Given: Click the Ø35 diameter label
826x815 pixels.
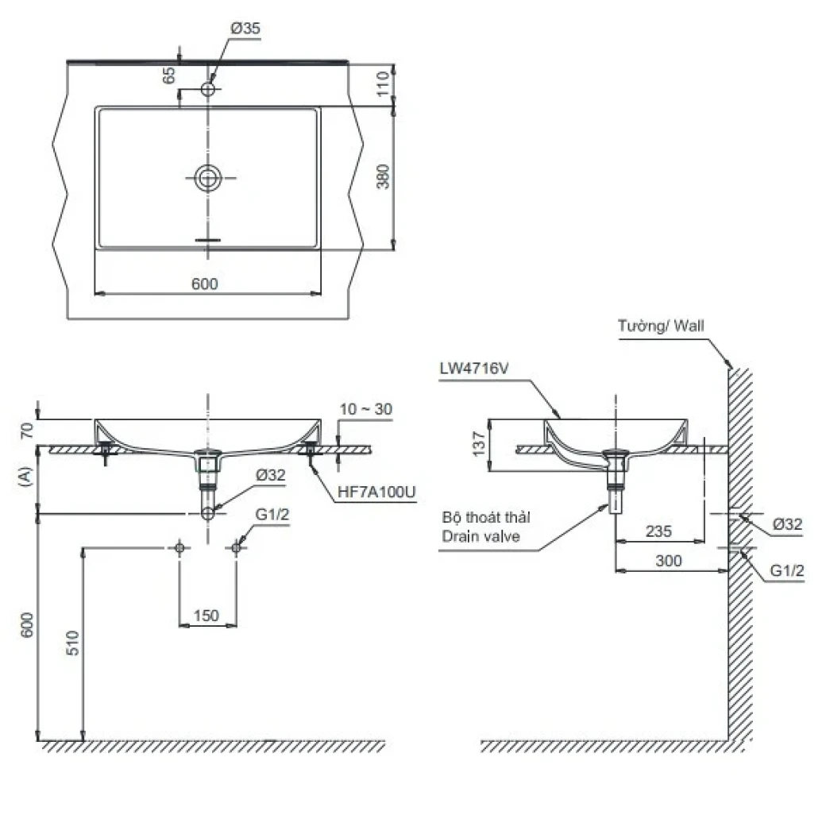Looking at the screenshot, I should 245,29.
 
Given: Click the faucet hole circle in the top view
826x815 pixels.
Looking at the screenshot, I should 208,89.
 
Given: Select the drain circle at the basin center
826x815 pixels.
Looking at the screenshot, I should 208,178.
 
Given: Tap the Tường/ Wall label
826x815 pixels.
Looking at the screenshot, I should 661,325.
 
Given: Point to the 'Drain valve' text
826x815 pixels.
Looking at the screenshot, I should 481,536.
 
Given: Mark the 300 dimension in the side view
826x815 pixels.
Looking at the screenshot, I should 670,560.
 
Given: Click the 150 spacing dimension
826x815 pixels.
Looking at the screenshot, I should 206,616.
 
